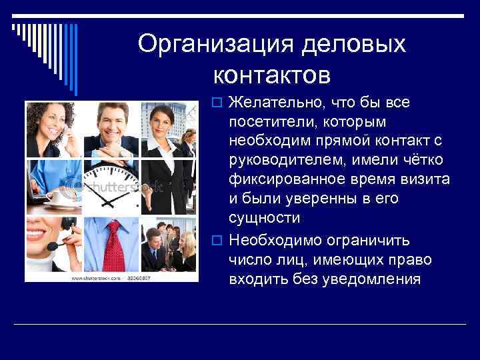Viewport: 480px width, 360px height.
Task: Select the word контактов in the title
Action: click(x=272, y=75)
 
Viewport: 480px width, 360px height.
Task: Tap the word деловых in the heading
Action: click(x=354, y=44)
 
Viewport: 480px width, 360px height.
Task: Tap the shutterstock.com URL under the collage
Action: click(x=96, y=277)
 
